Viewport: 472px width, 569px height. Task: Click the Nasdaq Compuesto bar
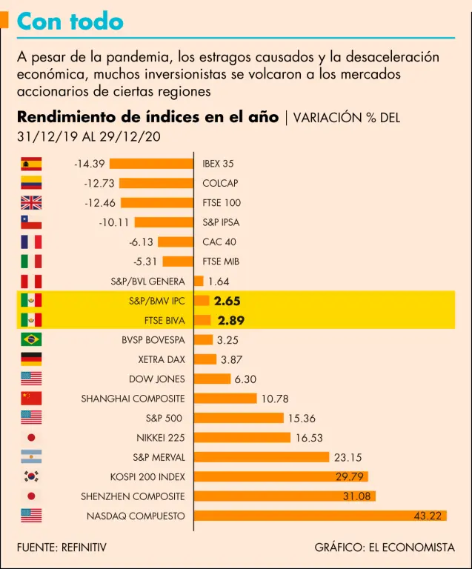(320, 516)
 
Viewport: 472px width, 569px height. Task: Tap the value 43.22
(428, 516)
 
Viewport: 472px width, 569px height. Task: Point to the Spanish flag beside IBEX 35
(31, 164)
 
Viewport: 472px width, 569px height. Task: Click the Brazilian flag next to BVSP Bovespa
(31, 340)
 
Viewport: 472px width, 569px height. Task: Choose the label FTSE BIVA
(164, 321)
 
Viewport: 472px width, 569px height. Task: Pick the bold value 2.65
(227, 301)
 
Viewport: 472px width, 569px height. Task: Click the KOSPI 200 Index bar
(282, 476)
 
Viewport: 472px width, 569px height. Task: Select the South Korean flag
(31, 476)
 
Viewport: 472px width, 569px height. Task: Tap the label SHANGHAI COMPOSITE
(133, 399)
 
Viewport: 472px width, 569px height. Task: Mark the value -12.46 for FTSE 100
(100, 203)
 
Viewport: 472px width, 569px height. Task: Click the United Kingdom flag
(31, 203)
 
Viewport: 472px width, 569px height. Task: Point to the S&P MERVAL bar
(262, 457)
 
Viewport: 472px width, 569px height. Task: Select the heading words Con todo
(70, 21)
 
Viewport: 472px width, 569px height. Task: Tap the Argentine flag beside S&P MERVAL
(31, 457)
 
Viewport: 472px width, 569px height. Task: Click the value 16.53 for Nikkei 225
(309, 438)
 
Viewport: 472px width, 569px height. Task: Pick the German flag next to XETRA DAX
(31, 359)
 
